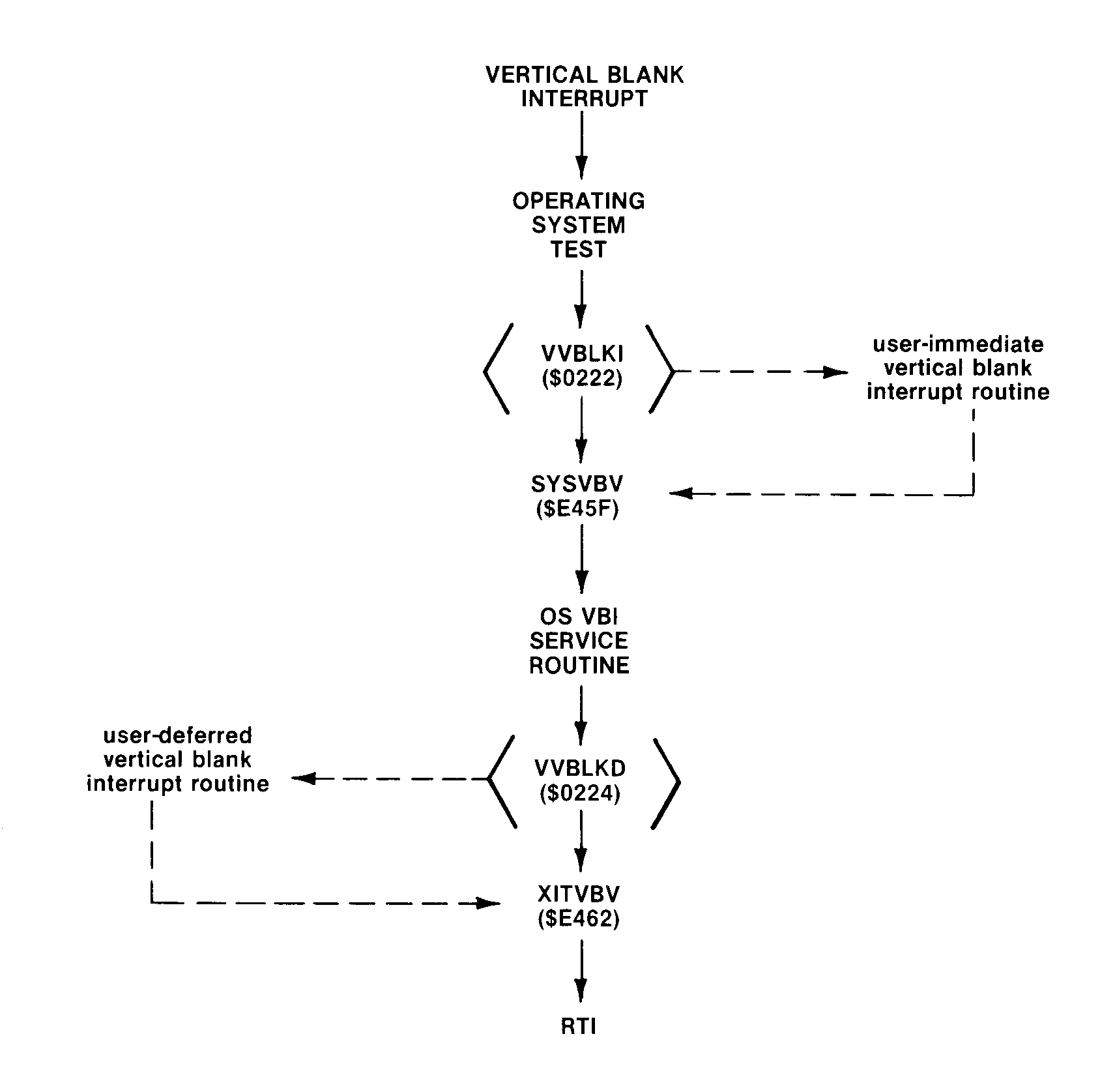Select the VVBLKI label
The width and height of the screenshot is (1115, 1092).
pos(582,353)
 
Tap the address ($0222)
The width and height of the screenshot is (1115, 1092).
pos(582,379)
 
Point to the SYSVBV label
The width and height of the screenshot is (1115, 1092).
pos(577,484)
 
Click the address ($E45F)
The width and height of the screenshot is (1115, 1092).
pos(577,509)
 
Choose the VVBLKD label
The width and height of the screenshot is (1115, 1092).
pos(580,768)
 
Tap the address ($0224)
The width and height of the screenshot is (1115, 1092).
pos(580,793)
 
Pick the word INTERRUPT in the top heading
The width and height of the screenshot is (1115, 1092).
pos(585,99)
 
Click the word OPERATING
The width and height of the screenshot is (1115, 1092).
pos(579,201)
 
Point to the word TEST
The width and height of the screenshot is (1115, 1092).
pos(579,249)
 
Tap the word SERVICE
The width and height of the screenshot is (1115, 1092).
pos(579,641)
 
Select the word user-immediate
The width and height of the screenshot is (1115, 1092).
pos(958,344)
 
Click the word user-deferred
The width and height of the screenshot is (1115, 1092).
pos(178,735)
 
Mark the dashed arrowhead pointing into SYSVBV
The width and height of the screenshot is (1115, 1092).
pos(682,494)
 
